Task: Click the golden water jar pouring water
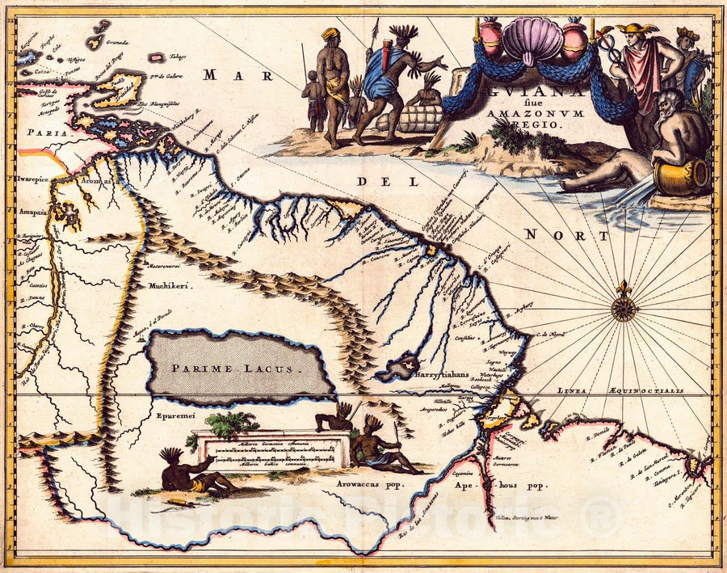pyautogui.click(x=681, y=176)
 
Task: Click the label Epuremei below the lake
pyautogui.click(x=170, y=419)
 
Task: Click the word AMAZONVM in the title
pyautogui.click(x=520, y=115)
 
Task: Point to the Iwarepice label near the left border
pyautogui.click(x=34, y=183)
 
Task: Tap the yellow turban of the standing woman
pyautogui.click(x=330, y=34)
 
